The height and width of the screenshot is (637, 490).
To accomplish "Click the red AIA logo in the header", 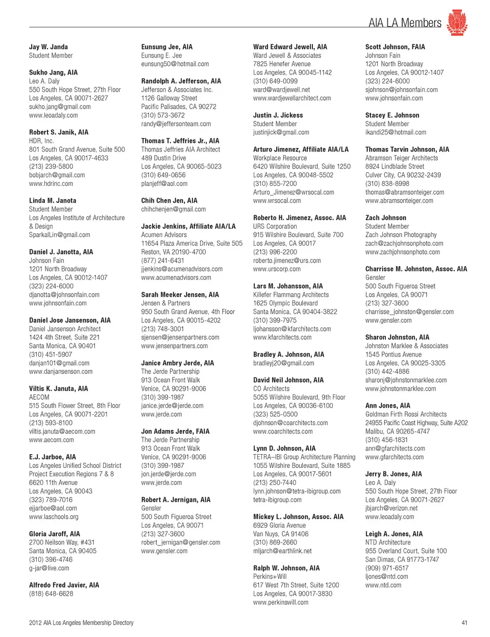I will pos(457,22).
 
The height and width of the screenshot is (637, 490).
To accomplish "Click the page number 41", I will pos(464,623).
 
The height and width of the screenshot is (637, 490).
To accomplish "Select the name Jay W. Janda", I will pos(48,47).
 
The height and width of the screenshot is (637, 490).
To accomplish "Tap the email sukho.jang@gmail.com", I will pos(60,107).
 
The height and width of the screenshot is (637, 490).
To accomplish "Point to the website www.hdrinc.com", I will pos(51,183).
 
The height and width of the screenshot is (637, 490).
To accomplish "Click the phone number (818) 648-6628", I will pos(51,594).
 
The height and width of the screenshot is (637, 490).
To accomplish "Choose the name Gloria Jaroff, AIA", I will pos(55,534).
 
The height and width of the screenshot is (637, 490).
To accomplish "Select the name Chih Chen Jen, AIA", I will pos(169,201).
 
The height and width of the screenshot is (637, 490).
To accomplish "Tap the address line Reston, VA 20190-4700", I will pos(174,252).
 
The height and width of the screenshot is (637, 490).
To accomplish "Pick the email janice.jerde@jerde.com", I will pos(172,406).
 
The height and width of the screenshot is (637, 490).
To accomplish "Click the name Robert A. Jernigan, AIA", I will pos(176,500).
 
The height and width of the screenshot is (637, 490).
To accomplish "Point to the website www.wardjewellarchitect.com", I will pos(292,98).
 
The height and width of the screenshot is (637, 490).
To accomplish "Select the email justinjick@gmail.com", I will pos(281,132).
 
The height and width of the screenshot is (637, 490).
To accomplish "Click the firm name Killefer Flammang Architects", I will pos(291,295).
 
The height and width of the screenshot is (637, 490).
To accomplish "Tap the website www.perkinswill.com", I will pos(281,602).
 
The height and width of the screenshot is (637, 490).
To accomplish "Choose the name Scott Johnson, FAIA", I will pos(395,47).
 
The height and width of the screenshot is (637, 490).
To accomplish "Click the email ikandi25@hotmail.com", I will pos(396,132).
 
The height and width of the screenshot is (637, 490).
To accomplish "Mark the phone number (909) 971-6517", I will pos(387,568).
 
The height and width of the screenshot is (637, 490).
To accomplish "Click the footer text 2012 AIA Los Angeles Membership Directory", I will pos(81,623).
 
